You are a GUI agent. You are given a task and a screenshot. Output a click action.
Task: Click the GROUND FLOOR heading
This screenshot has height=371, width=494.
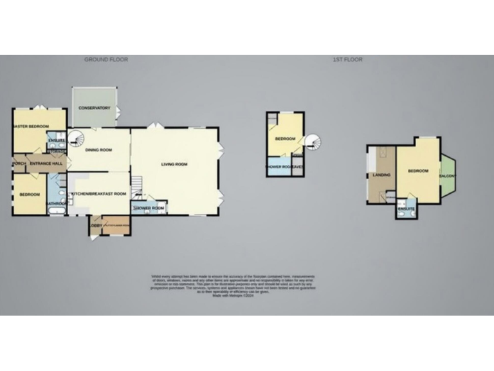coord(106,60)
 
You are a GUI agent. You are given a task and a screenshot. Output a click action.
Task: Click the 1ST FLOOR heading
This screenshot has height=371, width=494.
coord(347,60)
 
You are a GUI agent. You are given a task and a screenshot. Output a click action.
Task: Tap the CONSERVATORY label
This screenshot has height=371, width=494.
coord(95,108)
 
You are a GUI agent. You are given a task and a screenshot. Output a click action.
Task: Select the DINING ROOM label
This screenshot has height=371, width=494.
coord(99,150)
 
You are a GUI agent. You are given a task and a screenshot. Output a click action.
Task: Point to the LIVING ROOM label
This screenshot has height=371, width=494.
coord(174,165)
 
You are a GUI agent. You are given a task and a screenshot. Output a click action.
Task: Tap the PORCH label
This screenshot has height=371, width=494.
coord(17,164)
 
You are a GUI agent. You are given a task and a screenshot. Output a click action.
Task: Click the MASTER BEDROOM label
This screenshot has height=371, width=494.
coord(31,126)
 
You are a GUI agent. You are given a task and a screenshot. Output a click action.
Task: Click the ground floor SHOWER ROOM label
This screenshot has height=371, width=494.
coord(149,209)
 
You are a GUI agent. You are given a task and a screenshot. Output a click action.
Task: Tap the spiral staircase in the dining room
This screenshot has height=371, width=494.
coord(77,138)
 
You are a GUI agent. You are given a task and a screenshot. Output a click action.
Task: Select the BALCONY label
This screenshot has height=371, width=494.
coord(448,176)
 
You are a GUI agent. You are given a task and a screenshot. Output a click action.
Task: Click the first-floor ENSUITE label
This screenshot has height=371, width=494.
coord(405,209)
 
